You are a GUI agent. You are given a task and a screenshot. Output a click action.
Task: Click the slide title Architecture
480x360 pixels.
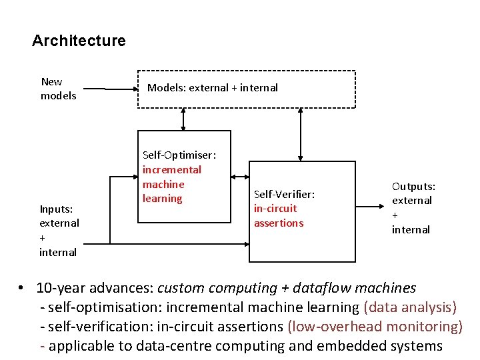coord(79,41)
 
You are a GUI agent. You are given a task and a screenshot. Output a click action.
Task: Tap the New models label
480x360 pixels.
coord(59,89)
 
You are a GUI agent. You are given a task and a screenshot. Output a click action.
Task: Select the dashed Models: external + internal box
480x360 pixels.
coord(246,89)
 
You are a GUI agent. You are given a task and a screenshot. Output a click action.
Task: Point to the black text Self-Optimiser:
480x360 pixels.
coord(179,155)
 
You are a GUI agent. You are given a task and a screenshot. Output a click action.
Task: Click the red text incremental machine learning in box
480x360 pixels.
coord(171,184)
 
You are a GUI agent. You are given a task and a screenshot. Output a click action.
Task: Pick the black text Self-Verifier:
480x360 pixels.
coord(284,194)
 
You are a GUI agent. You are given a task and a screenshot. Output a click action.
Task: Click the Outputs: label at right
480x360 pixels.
coord(413,186)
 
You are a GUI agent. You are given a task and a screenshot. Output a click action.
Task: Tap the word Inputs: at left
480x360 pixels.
coord(56,209)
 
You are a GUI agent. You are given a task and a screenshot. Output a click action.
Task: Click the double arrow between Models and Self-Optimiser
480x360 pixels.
coord(183,119)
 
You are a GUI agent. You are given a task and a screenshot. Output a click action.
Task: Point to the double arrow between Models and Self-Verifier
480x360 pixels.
coord(301,134)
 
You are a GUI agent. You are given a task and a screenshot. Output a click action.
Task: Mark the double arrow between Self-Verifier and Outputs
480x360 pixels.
coord(371,199)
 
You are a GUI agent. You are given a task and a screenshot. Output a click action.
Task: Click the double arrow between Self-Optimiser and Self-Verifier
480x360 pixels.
coord(240,177)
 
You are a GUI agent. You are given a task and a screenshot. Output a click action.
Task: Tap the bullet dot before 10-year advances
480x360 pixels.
coord(22,289)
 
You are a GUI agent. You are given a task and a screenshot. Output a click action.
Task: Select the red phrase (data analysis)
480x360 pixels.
coord(410,307)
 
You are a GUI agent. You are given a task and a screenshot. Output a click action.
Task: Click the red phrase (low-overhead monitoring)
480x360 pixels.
coord(375,327)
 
